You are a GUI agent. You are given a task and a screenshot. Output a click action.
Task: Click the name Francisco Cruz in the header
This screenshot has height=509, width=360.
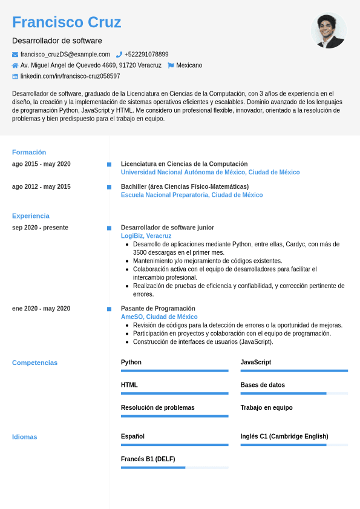click(67, 22)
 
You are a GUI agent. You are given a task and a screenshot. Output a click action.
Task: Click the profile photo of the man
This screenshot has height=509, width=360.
click(329, 31)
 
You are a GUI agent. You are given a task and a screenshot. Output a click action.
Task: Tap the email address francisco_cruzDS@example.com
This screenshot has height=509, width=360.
click(65, 54)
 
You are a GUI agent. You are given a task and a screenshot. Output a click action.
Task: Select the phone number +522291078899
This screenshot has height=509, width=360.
click(146, 54)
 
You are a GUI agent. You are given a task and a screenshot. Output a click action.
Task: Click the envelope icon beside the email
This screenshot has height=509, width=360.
click(15, 54)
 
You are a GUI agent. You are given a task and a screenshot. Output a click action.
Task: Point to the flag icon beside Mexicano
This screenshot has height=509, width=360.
click(171, 65)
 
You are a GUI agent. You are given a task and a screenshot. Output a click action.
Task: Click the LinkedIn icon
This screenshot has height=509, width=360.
click(15, 76)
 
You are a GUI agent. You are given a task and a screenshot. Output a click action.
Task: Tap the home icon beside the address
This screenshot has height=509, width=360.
click(15, 65)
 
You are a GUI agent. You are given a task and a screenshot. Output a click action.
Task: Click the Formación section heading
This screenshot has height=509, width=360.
click(29, 153)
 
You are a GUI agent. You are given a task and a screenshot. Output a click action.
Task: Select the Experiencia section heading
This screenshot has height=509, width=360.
click(31, 216)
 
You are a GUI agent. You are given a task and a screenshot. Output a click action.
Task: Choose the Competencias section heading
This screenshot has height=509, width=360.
click(35, 363)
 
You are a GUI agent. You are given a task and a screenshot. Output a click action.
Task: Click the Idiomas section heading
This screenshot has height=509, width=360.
click(25, 437)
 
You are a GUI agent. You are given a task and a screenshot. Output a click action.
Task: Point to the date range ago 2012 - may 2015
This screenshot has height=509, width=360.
click(41, 187)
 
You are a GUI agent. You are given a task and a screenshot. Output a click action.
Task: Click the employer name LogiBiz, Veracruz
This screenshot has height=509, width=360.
click(146, 236)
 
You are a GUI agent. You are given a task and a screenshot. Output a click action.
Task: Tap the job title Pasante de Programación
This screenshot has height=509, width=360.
click(158, 309)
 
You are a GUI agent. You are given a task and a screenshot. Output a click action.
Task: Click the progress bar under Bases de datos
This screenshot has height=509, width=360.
click(294, 393)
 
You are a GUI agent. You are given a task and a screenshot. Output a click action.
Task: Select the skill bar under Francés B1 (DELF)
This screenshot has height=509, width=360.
click(174, 467)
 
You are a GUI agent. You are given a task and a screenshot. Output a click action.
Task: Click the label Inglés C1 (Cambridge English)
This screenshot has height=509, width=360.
click(284, 436)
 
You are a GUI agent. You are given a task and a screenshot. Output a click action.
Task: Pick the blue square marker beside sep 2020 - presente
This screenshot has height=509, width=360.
click(109, 228)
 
